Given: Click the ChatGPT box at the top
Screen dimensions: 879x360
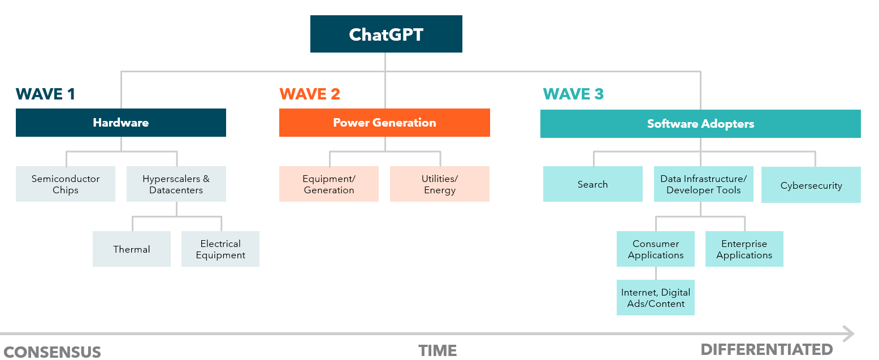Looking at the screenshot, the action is point(386,34).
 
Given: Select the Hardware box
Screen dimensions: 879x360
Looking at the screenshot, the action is point(121,122).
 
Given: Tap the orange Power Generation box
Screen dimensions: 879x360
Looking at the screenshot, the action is point(384,122).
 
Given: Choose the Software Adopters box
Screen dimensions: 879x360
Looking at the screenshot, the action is point(700,124).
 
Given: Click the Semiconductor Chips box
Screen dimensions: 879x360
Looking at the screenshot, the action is point(66,184).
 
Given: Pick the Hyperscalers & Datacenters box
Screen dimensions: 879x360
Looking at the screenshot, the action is point(176,184).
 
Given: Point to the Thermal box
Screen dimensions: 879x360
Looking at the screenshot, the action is point(132,249).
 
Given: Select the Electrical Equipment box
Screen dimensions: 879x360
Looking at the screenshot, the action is point(220,249).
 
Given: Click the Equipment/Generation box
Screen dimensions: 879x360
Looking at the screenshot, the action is point(329,184).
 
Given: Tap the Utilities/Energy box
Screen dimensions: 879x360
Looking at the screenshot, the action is point(440,184).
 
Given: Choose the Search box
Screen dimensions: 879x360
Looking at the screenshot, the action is point(593,184).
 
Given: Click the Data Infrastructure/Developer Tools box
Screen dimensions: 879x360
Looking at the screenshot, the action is point(704,184).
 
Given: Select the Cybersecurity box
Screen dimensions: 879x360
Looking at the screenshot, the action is point(811,185).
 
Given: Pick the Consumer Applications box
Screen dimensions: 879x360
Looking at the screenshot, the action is point(656,249).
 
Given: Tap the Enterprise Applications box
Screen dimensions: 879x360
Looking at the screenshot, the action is point(744,249).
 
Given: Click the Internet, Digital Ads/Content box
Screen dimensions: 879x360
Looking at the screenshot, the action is point(656,298).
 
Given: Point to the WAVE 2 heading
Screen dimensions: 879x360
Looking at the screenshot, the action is point(310,94).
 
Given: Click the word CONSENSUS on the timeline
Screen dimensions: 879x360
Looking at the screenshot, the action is point(52,352).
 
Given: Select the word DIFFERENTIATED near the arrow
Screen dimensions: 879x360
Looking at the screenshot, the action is point(767,349).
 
